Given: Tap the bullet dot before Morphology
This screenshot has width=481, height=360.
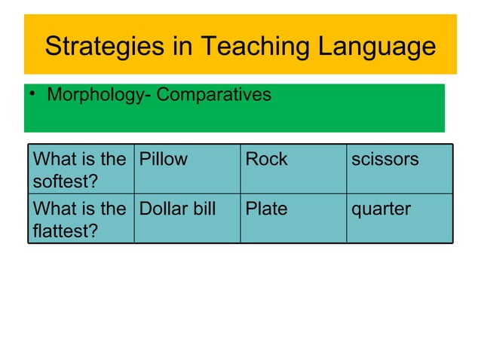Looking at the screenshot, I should [33, 96].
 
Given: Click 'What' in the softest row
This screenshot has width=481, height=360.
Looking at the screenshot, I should [54, 160].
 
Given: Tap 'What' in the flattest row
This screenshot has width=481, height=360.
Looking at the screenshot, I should [54, 209].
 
